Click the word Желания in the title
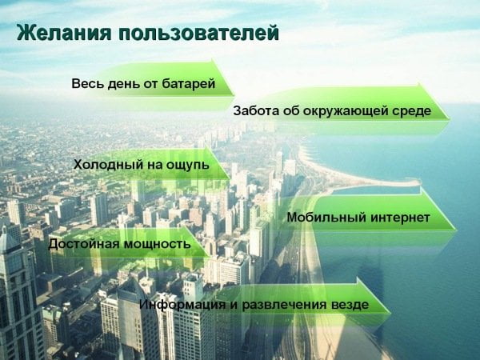coord(64,32)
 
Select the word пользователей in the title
coord(198,33)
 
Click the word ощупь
coord(188,166)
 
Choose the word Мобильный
coord(326,218)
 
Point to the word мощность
coord(158,244)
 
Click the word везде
coord(350,305)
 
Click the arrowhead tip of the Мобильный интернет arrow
coord(456,230)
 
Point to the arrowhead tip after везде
coord(390,313)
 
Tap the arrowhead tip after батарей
coord(234,95)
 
